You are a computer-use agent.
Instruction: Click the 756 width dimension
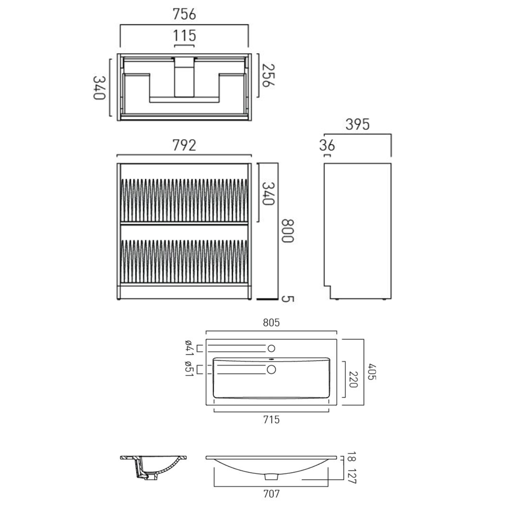coord(184,14)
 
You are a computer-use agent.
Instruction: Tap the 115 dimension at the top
coord(185,36)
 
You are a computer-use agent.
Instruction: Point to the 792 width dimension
coord(184,145)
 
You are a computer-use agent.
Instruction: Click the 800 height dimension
coord(288,231)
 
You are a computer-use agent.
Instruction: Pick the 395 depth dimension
coord(357,125)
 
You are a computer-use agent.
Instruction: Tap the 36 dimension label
coord(327,146)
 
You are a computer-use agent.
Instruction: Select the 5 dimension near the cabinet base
coord(288,299)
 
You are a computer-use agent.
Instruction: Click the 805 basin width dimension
coord(271,323)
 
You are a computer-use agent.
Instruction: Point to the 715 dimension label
coord(271,420)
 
